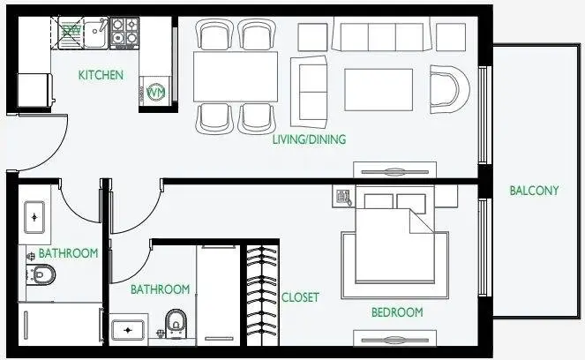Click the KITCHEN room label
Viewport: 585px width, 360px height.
pos(101,75)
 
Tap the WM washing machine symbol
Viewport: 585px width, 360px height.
pos(156,92)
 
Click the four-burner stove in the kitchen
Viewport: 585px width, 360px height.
pos(124,33)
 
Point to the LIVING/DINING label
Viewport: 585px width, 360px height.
pos(310,139)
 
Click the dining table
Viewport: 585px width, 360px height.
pos(236,77)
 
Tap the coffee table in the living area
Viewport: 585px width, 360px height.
pos(379,89)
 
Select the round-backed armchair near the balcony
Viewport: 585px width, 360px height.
pos(449,89)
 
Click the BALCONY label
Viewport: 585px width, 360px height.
pos(534,191)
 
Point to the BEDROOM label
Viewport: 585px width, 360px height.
pos(397,312)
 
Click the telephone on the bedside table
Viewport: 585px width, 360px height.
pos(343,197)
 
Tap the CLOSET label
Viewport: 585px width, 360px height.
pos(300,297)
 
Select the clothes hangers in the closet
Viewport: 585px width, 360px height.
pos(263,295)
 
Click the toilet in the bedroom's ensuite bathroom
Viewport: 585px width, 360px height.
pos(176,323)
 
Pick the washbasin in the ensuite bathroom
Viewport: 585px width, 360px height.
pos(127,330)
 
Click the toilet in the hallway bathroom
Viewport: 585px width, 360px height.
pos(42,274)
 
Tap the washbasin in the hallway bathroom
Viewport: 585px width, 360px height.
pos(34,217)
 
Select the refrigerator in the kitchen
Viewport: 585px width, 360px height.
pos(34,90)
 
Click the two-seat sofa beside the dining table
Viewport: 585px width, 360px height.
pos(309,92)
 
